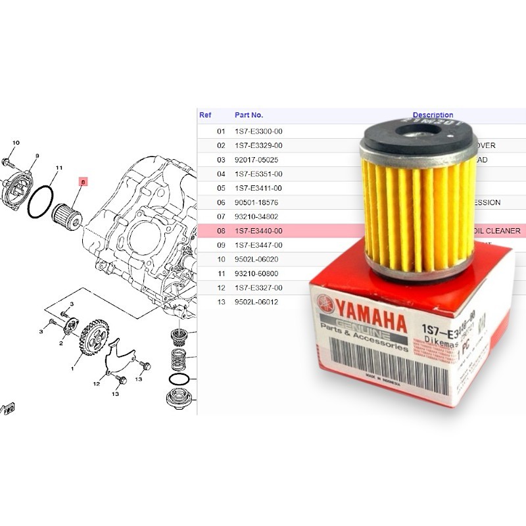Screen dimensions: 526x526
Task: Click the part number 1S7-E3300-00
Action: click(x=258, y=131)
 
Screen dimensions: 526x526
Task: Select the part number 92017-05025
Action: click(x=258, y=160)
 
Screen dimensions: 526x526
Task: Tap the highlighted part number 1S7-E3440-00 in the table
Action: click(x=258, y=231)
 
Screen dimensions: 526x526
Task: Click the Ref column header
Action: click(x=205, y=115)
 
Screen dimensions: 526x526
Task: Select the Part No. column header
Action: click(x=249, y=115)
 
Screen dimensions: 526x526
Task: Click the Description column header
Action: click(x=433, y=115)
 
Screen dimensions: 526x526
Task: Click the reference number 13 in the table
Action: click(x=222, y=302)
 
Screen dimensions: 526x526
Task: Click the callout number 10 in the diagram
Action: click(x=16, y=143)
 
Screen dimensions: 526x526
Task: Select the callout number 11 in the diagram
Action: click(x=59, y=168)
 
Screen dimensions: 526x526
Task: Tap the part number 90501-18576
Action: click(x=258, y=203)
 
